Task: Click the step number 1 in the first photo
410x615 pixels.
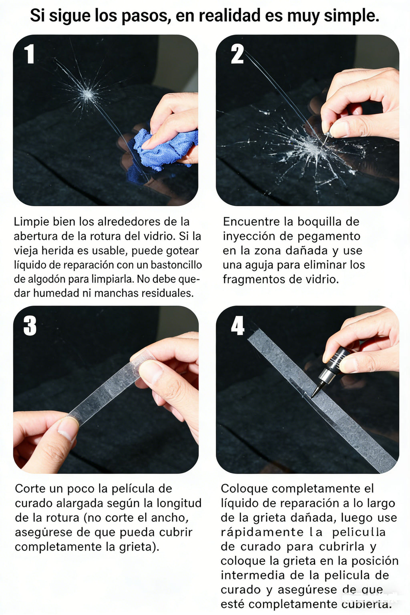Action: click(29, 54)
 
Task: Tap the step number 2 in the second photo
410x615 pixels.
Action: click(237, 54)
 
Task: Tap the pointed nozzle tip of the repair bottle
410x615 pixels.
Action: click(314, 394)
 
